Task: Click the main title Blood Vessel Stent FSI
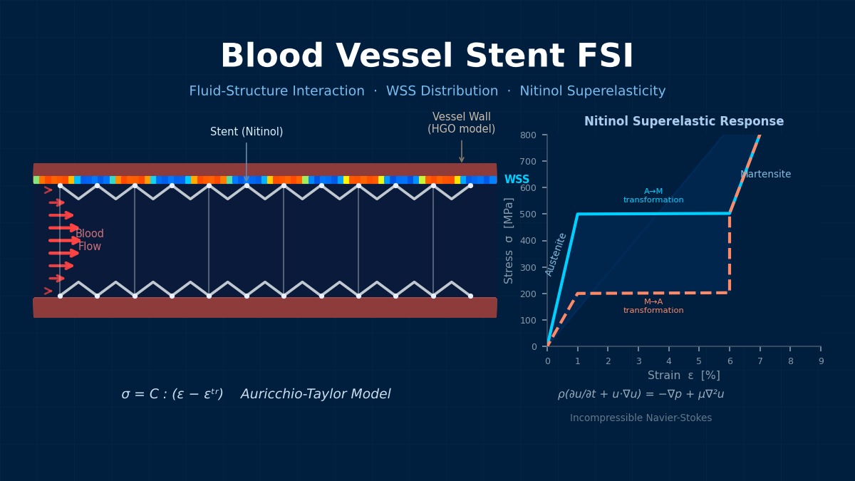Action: tap(427, 57)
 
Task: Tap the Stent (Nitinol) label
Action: tap(247, 132)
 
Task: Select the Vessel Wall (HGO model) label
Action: tap(461, 123)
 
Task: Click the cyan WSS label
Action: tap(517, 180)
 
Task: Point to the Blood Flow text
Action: tap(90, 240)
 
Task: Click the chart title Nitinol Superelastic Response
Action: tap(683, 122)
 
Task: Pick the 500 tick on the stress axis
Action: tap(528, 214)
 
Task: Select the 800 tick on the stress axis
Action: tap(528, 135)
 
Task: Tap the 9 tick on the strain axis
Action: tap(821, 361)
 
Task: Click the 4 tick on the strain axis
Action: tap(668, 361)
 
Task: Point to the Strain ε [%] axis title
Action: tap(683, 376)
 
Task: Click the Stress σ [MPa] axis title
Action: tap(509, 240)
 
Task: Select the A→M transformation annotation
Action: tap(653, 196)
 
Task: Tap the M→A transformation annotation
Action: tap(653, 306)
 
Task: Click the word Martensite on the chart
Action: tap(765, 175)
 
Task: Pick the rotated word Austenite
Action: tap(556, 254)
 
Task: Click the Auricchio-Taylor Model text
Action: tap(316, 395)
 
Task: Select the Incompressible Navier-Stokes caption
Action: tap(641, 418)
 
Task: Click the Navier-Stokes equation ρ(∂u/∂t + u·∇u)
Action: tap(641, 395)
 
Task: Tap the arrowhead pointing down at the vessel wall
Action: tap(462, 159)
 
